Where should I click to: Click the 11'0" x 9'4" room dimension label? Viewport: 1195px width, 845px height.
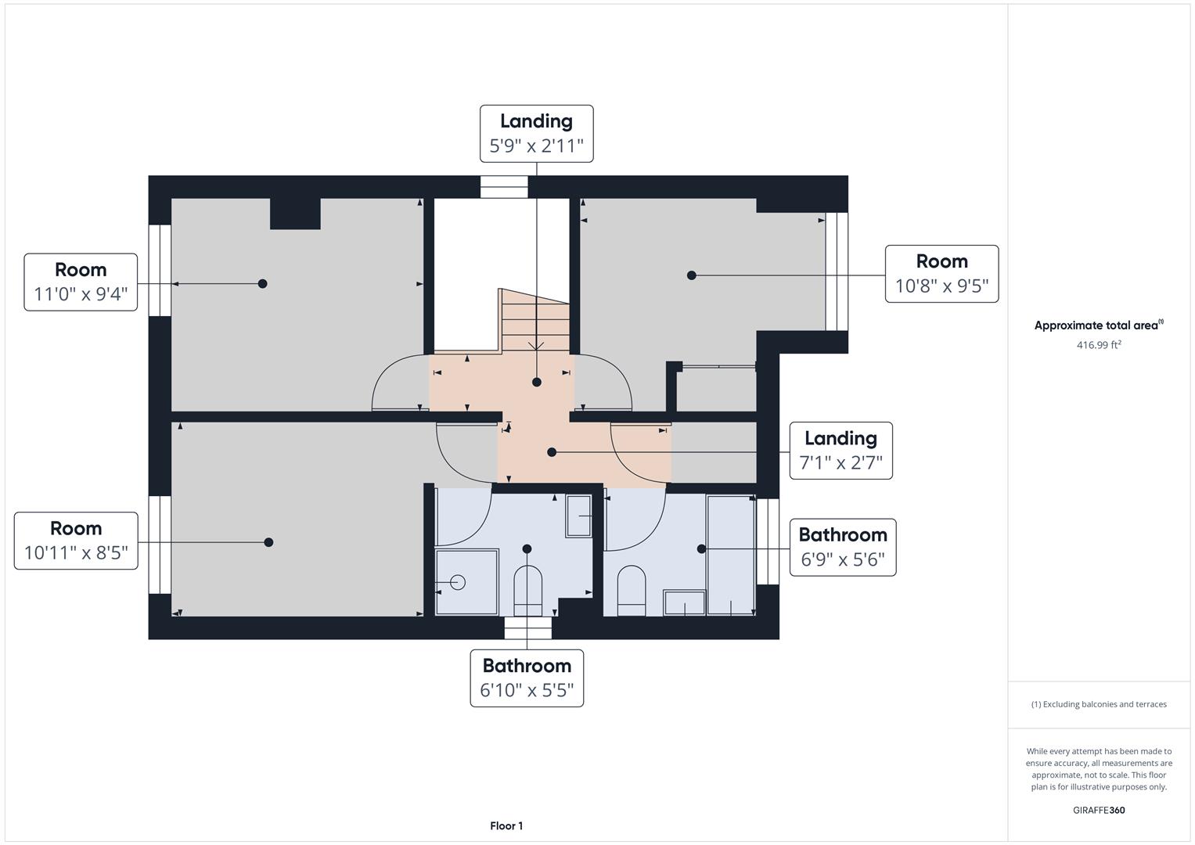click(x=81, y=282)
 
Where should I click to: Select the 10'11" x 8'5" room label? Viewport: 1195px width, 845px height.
click(x=76, y=541)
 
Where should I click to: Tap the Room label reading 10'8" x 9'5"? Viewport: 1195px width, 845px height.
click(x=941, y=274)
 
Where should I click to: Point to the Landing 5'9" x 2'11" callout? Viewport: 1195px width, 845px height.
click(x=536, y=134)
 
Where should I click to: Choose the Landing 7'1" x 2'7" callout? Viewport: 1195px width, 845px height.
click(x=840, y=451)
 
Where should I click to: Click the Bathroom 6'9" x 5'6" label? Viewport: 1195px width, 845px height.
click(x=842, y=547)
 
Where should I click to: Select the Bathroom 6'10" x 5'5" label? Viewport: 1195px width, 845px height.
click(x=527, y=678)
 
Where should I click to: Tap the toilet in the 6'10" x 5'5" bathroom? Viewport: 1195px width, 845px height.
click(x=527, y=590)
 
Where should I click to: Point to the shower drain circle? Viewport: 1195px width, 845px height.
click(x=459, y=582)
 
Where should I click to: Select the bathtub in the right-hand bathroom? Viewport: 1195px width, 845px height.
click(x=730, y=555)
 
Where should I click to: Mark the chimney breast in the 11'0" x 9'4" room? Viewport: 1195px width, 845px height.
click(x=295, y=213)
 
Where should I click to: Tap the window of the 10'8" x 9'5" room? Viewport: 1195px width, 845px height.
click(x=837, y=271)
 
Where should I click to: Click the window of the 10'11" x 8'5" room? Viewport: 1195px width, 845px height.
click(x=160, y=545)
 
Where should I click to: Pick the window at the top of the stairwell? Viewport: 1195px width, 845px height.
click(x=504, y=187)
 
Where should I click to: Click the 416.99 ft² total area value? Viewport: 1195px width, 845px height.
click(x=1099, y=345)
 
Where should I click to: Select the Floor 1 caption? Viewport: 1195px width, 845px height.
click(x=506, y=826)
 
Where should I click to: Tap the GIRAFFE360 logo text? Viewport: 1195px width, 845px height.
click(x=1099, y=811)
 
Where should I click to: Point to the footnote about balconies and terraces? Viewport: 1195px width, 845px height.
click(x=1099, y=704)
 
